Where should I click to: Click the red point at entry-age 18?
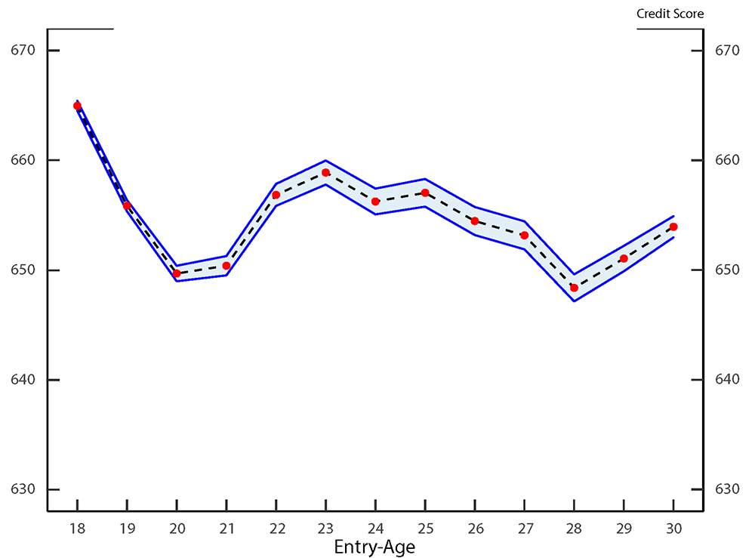tap(77, 106)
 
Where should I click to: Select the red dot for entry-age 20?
tap(177, 273)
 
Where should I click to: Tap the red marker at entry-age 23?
tap(325, 173)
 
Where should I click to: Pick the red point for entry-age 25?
tap(425, 193)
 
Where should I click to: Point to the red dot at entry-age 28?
tap(574, 288)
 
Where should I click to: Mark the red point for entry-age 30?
tap(673, 227)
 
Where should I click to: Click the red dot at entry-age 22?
tap(276, 195)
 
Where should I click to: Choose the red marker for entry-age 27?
tap(524, 236)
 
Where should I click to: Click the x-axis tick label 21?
tap(226, 529)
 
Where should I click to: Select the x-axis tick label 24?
tap(375, 529)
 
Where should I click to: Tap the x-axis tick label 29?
tap(624, 529)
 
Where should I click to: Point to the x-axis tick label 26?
tap(475, 529)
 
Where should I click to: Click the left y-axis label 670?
tap(23, 51)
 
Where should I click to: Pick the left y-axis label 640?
tap(23, 380)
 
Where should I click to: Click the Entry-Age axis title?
tap(374, 547)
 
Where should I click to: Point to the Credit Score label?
tap(670, 14)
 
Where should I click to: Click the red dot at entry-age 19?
tap(127, 205)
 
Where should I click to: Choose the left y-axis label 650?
tap(23, 270)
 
